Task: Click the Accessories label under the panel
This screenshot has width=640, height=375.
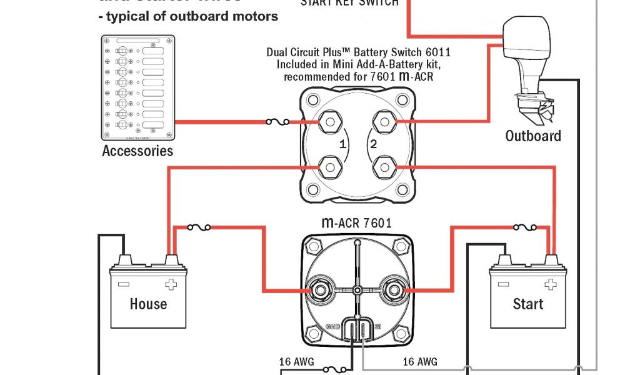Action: (137, 151)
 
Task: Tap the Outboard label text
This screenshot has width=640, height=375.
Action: (533, 136)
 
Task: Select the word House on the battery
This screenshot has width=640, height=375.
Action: (148, 304)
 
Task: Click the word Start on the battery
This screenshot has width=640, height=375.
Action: (528, 304)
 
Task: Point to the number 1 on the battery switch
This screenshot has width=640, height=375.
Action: (342, 144)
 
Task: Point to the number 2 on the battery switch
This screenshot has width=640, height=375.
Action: (374, 144)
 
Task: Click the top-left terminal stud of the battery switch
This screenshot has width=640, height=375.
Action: (329, 122)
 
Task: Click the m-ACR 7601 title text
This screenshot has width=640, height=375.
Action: (357, 222)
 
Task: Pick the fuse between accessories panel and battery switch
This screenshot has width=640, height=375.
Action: (277, 122)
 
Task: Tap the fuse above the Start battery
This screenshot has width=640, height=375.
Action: (523, 228)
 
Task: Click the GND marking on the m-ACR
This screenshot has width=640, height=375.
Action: (332, 326)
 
